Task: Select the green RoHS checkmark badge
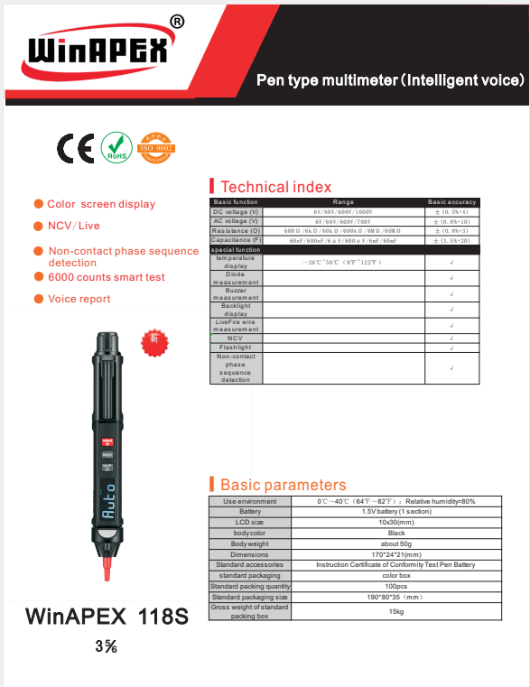coord(115,147)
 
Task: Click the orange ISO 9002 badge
coord(155,147)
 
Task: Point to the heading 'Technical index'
coord(275,187)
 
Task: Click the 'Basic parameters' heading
coord(283,485)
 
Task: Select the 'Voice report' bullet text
coord(79,299)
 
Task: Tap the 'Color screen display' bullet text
coord(101,204)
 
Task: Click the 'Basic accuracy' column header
coord(451,202)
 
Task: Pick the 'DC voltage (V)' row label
coord(236,212)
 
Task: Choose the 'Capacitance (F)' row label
coord(236,240)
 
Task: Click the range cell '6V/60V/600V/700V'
coord(343,221)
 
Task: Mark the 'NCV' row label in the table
coord(236,339)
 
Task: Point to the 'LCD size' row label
coord(249,522)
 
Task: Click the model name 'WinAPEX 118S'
coord(107,617)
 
